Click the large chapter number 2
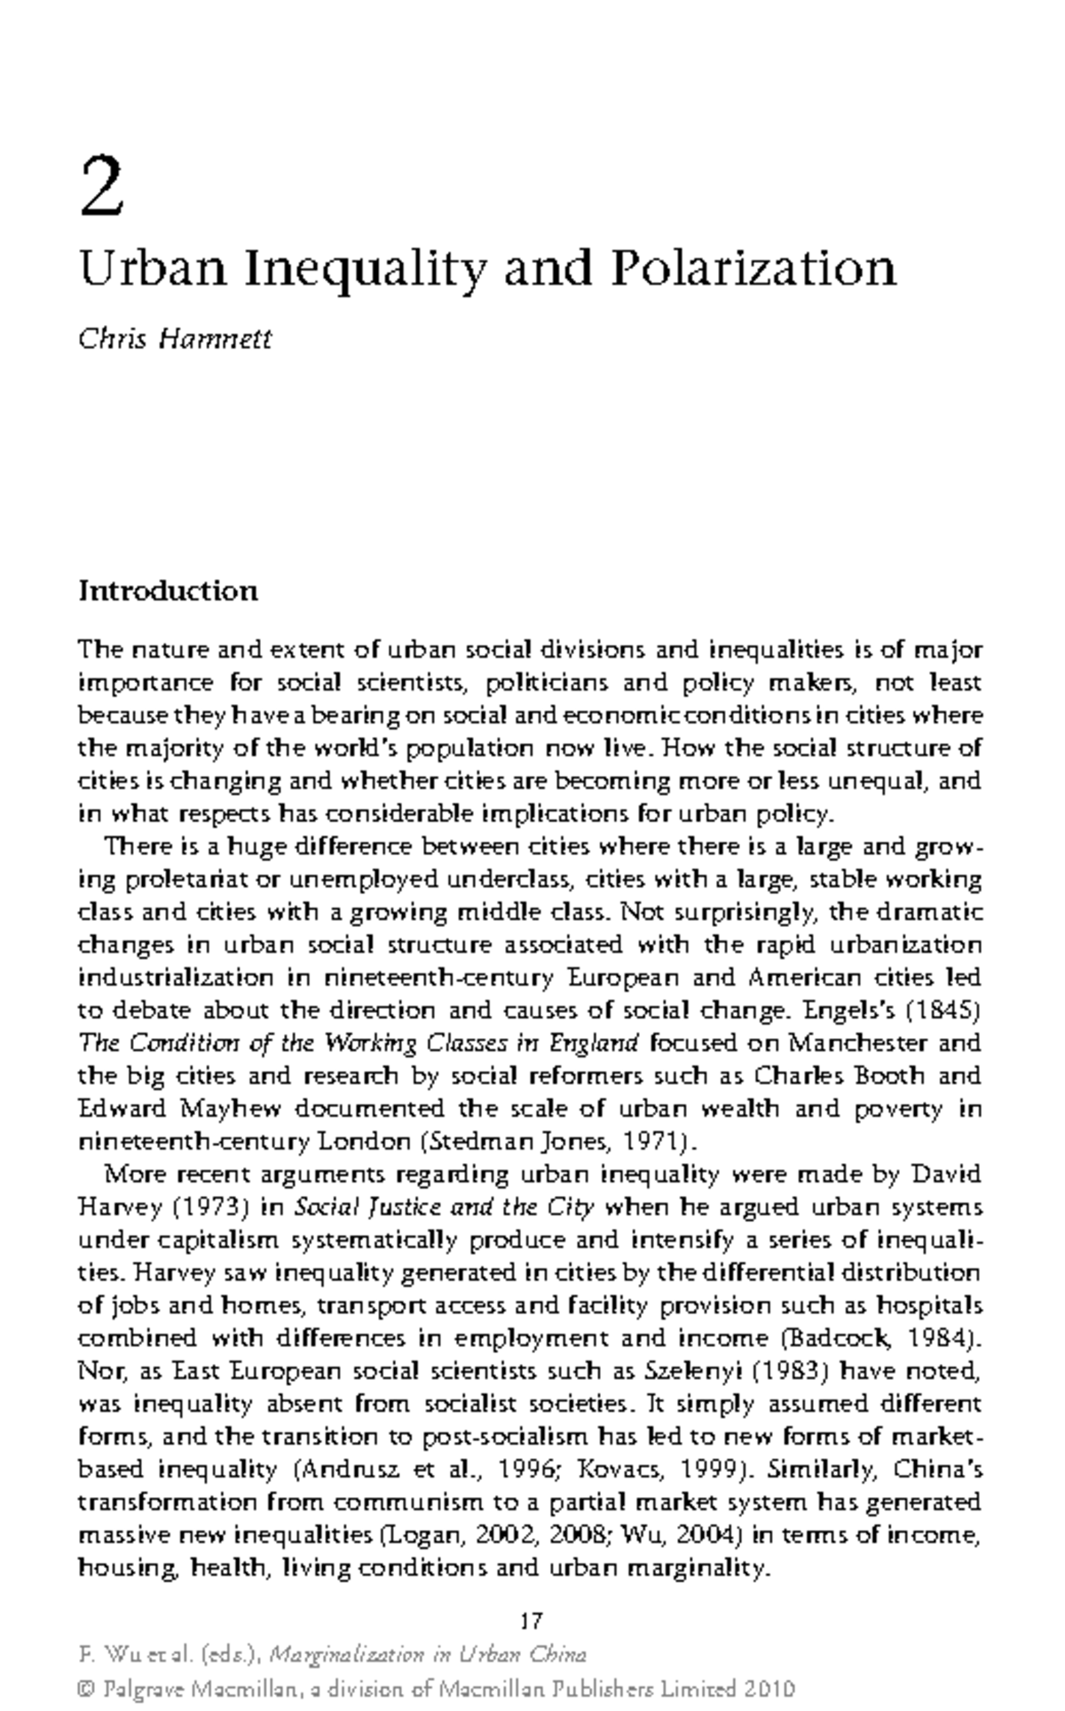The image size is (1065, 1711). pyautogui.click(x=100, y=186)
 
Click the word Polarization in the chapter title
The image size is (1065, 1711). pyautogui.click(x=753, y=268)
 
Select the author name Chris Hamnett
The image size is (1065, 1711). pyautogui.click(x=175, y=338)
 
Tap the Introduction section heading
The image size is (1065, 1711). pyautogui.click(x=169, y=590)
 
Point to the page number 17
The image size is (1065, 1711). pyautogui.click(x=532, y=1621)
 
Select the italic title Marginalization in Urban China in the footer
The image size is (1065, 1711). pyautogui.click(x=427, y=1654)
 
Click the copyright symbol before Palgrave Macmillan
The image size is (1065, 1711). pyautogui.click(x=87, y=1689)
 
